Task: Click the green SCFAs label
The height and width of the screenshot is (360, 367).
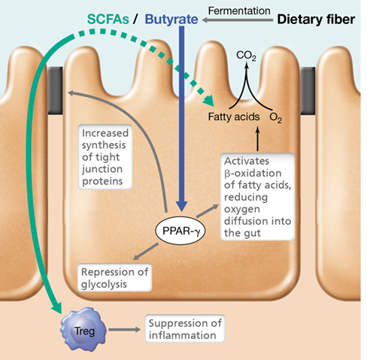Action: (108, 20)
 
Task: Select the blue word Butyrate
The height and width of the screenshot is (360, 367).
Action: (171, 20)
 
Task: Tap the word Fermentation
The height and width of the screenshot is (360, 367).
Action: (239, 11)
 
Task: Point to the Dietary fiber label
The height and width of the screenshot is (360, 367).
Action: (316, 20)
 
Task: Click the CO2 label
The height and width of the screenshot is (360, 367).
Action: (246, 56)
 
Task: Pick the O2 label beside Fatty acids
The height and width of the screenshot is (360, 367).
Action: (275, 117)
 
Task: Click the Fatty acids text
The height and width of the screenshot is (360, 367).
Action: (234, 116)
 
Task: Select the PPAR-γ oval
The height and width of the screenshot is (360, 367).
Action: (180, 231)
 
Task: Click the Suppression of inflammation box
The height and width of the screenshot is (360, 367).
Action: (185, 329)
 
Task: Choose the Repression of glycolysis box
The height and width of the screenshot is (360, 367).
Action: (114, 277)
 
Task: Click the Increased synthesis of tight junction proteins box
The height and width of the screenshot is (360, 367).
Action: (105, 157)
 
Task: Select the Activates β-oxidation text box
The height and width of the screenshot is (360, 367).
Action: (257, 197)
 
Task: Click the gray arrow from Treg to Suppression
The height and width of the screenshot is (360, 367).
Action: (124, 330)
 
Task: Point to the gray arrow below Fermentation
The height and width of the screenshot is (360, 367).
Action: (238, 20)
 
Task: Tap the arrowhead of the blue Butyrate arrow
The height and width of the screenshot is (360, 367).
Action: (182, 207)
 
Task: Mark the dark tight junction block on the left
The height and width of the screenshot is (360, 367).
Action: (55, 91)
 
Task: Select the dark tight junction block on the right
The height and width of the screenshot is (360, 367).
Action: (308, 91)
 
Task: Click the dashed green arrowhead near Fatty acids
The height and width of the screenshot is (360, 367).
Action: (209, 101)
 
